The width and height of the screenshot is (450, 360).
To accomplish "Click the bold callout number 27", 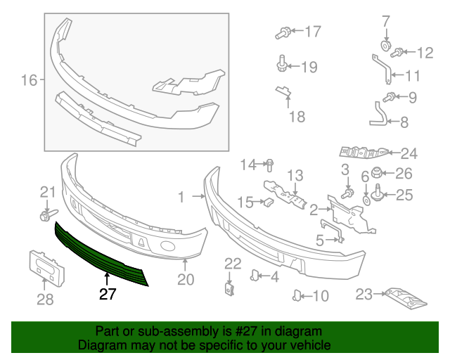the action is pos(108,294).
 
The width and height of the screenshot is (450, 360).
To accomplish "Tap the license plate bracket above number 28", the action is pos(47,269).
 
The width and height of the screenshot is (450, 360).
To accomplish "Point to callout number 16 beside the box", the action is pos(30,80).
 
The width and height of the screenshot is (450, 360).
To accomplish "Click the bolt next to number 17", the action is pos(283,33).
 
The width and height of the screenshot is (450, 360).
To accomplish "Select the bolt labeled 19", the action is pos(282,63).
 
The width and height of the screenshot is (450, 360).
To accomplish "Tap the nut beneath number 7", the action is pos(386,46).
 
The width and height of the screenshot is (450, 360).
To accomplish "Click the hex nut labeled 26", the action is pos(376,172).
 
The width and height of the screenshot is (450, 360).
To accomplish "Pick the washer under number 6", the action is pos(366,200).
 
